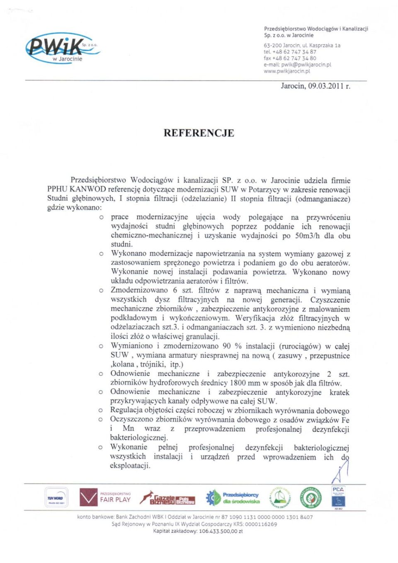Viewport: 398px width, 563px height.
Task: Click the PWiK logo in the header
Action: point(62,48)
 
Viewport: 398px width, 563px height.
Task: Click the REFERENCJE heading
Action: point(199,133)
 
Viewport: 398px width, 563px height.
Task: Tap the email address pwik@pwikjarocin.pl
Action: point(306,65)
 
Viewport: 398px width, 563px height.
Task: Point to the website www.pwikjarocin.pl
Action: point(287,71)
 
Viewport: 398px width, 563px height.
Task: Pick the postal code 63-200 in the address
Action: point(272,46)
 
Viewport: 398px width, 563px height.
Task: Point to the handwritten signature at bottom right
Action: point(341,471)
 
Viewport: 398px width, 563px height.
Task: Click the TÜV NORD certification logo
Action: point(56,498)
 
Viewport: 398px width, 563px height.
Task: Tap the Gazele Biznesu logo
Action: point(167,497)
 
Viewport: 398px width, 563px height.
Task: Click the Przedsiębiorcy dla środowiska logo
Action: point(233,497)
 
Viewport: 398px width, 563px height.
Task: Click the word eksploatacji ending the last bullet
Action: point(130,466)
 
